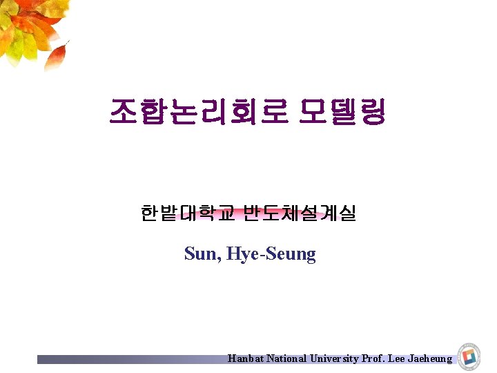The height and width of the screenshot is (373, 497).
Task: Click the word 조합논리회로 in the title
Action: click(x=197, y=111)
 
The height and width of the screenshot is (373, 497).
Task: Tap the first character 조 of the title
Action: click(x=124, y=111)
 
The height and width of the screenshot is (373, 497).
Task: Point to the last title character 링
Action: click(x=372, y=111)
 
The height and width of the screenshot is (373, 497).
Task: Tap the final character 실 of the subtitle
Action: click(x=347, y=213)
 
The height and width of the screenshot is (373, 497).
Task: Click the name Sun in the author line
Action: click(x=200, y=254)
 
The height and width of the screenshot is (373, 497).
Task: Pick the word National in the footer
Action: click(x=286, y=358)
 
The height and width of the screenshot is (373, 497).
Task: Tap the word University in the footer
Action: click(x=335, y=358)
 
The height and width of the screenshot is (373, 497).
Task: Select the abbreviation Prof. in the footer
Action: click(x=373, y=358)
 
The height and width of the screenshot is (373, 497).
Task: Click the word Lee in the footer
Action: click(x=397, y=358)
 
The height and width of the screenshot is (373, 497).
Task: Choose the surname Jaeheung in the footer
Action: click(x=431, y=358)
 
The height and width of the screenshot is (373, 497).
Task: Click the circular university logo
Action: click(x=469, y=355)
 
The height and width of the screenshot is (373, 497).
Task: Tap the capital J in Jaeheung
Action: click(x=411, y=358)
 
